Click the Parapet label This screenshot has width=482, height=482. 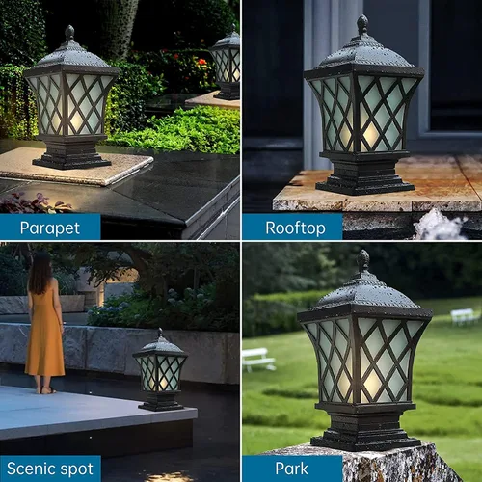click(x=50, y=227)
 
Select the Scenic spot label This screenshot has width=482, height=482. click(x=50, y=469)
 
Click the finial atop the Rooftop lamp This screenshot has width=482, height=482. click(x=362, y=24)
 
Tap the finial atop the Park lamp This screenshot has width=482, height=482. click(x=363, y=260)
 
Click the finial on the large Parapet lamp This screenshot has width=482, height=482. click(x=69, y=32)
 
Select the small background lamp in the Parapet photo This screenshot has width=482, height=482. click(x=228, y=63)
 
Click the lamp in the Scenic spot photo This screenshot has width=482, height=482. click(x=160, y=370)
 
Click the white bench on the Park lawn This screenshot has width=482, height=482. click(x=258, y=359)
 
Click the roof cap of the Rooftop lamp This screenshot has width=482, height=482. click(x=363, y=57)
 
